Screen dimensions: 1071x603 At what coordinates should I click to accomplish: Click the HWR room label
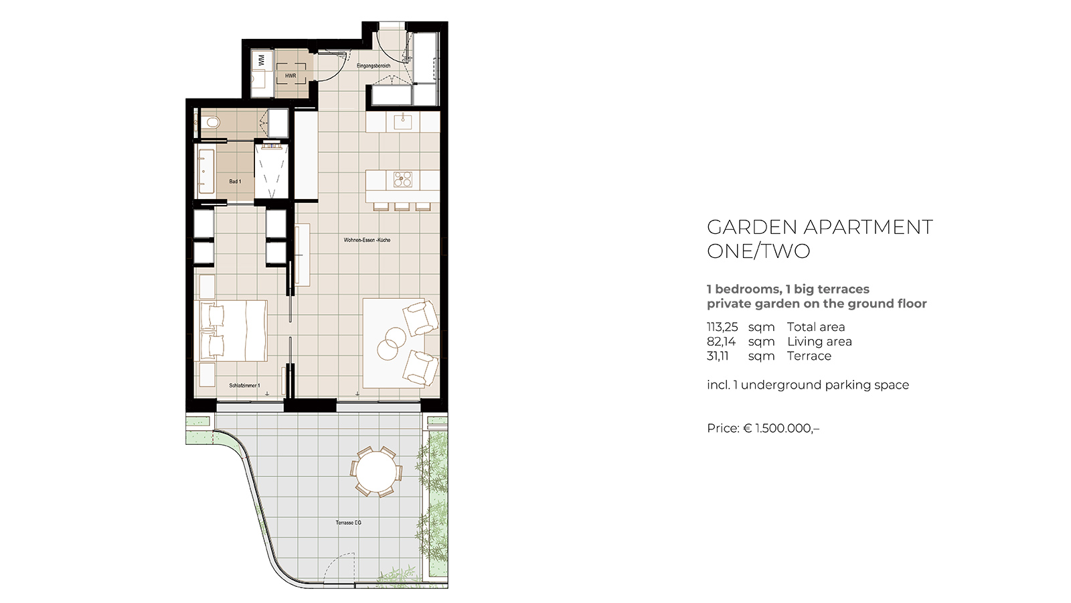(x=291, y=76)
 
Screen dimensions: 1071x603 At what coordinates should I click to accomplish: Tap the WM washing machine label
(x=261, y=60)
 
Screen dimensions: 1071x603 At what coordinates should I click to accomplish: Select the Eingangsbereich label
(x=374, y=66)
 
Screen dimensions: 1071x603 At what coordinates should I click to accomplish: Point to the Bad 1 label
(x=235, y=182)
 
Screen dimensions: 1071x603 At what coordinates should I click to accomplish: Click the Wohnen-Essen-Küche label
(x=367, y=240)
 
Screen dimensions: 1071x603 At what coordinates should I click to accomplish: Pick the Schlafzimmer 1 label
(x=245, y=385)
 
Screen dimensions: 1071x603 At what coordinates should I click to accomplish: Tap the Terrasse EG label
(x=349, y=523)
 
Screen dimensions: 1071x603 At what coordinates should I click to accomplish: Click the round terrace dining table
(x=376, y=472)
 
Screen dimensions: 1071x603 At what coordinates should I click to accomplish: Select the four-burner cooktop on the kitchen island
(x=402, y=180)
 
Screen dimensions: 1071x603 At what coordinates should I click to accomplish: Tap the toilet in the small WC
(x=210, y=123)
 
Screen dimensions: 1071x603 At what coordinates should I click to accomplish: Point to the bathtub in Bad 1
(x=206, y=172)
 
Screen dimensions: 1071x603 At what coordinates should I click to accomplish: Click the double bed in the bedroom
(x=234, y=331)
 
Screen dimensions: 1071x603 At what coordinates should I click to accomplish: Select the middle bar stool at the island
(x=402, y=206)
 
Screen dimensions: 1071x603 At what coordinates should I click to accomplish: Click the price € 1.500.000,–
(x=763, y=428)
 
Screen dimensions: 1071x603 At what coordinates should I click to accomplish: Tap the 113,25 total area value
(x=722, y=328)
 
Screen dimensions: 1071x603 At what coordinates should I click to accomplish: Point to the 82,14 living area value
(x=722, y=342)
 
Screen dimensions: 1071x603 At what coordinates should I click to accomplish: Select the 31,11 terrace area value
(x=718, y=356)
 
